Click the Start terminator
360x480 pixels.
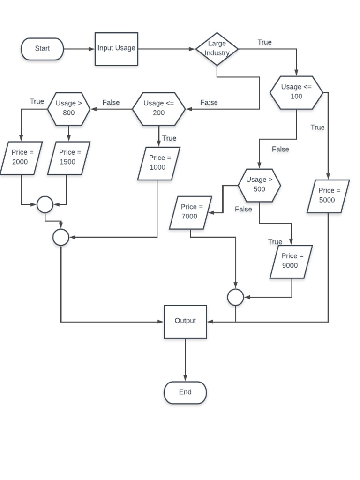point(42,49)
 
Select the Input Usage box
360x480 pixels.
point(116,49)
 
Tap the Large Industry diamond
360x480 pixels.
point(217,49)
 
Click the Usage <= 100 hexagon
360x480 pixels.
point(296,92)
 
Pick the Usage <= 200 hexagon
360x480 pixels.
point(158,109)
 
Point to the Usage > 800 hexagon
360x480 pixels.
point(68,109)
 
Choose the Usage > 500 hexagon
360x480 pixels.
point(259,185)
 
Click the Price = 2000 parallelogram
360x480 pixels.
point(21,158)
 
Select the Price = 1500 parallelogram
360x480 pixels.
point(68,158)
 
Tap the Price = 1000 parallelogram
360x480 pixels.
point(158,163)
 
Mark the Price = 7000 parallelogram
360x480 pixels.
point(190,212)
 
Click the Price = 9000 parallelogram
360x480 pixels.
point(291,262)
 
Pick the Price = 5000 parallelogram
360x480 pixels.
point(328,196)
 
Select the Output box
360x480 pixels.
point(185,322)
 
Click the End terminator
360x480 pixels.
point(185,392)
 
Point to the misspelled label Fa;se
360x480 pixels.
point(209,103)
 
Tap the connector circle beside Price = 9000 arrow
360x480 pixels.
point(235,297)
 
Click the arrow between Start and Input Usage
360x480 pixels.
point(79,49)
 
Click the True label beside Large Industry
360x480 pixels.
point(264,42)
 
